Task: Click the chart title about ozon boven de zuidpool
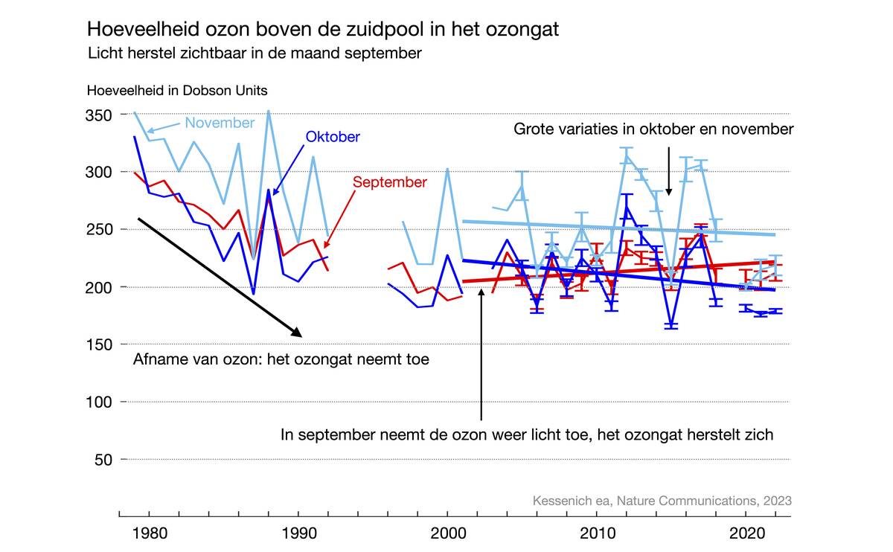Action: (x=323, y=29)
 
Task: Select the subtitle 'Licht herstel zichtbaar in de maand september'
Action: (x=255, y=54)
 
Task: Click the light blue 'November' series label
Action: (x=220, y=123)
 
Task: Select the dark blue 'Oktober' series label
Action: (x=333, y=137)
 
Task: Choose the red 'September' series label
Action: (x=389, y=182)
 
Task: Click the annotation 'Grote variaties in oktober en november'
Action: (x=653, y=129)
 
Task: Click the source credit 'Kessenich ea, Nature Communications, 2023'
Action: (x=662, y=501)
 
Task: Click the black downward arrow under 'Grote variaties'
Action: (x=668, y=171)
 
